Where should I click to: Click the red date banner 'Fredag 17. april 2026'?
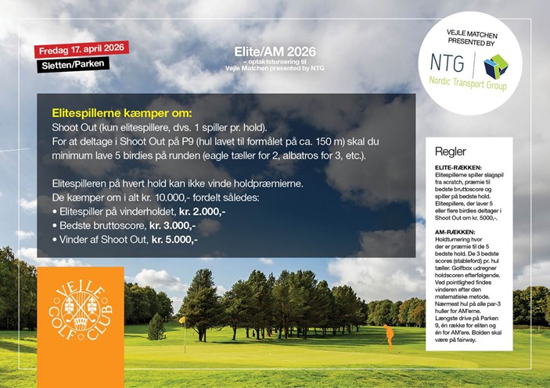(x=81, y=49)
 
